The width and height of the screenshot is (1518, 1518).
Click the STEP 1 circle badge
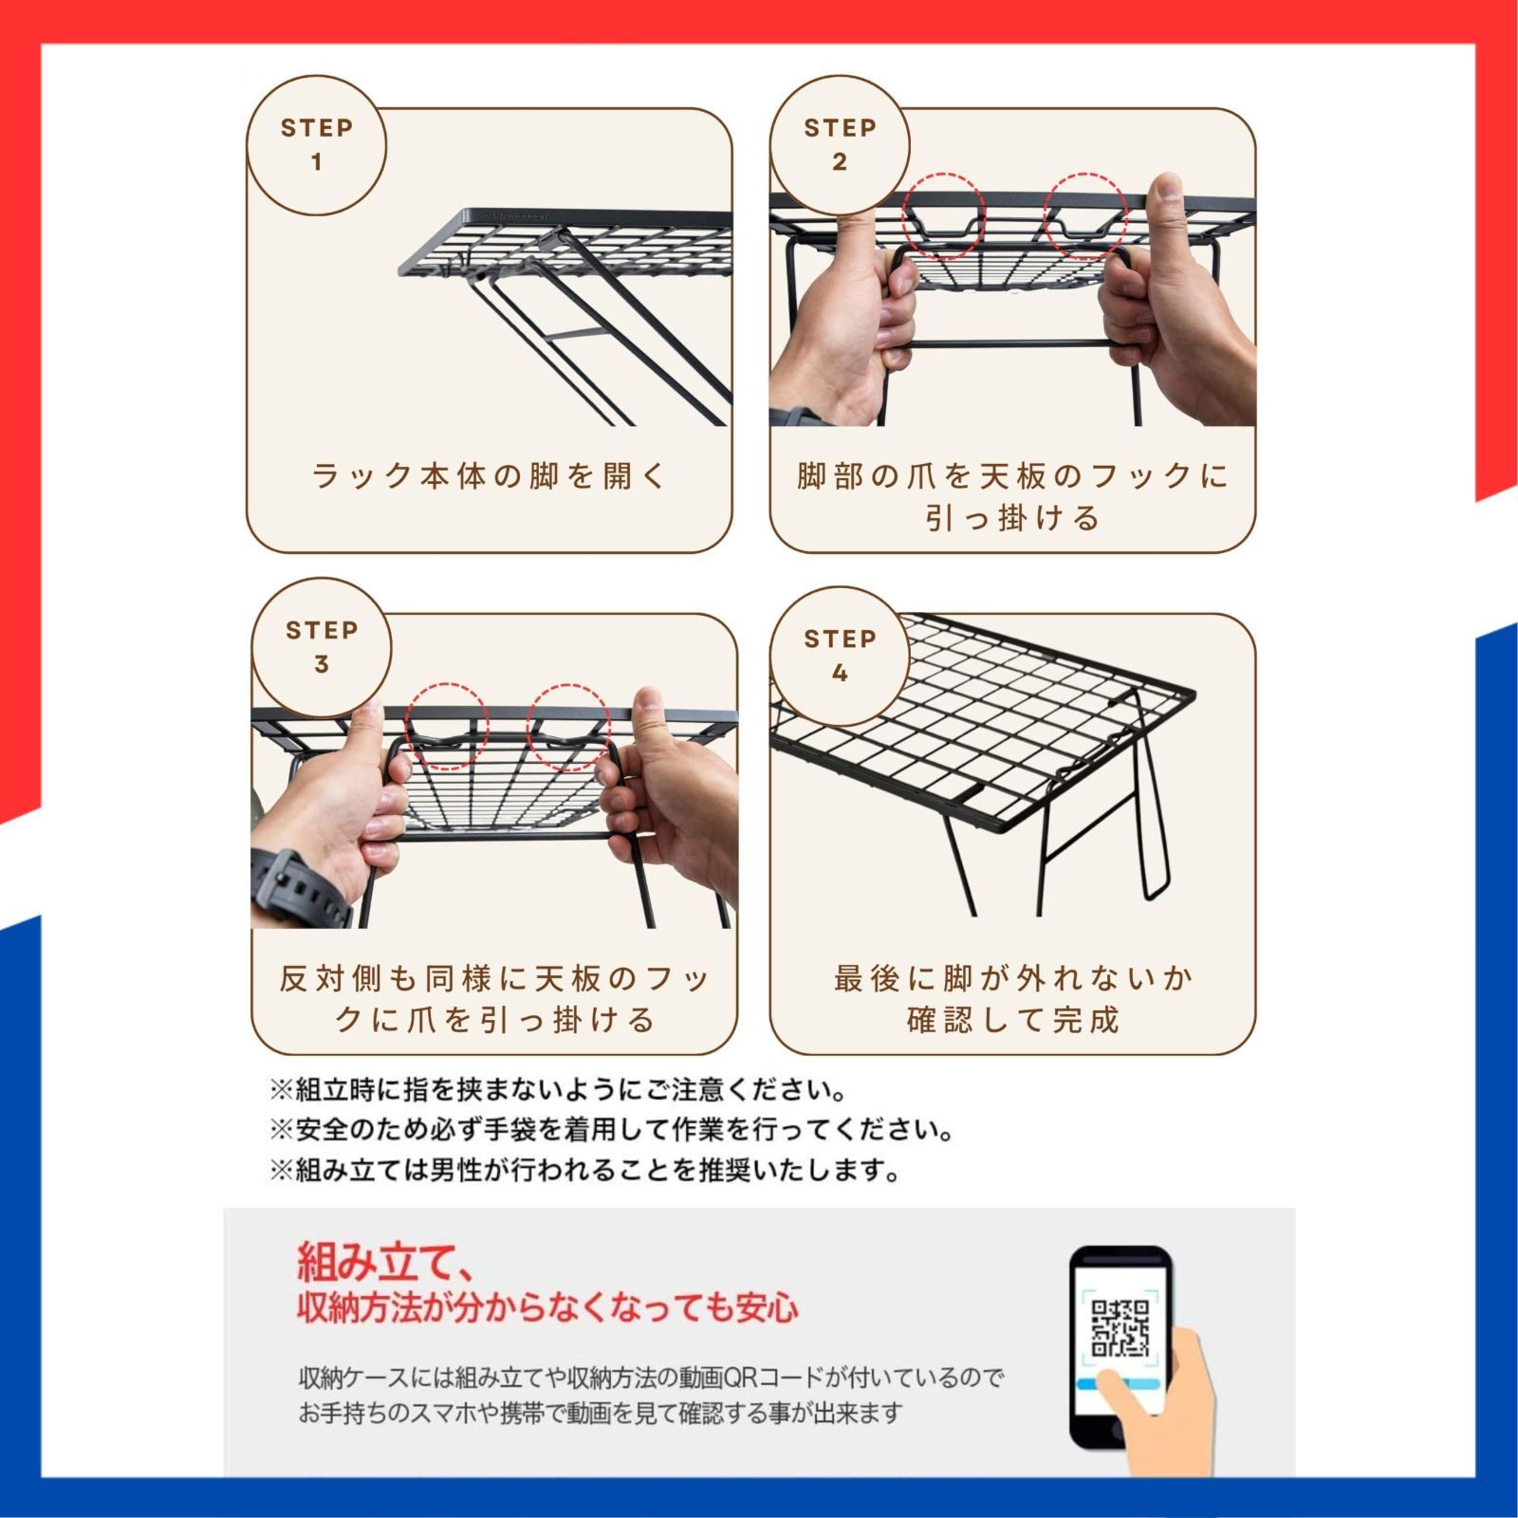click(316, 145)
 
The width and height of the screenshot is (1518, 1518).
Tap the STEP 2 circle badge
click(840, 145)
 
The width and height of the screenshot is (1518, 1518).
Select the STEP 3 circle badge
click(322, 648)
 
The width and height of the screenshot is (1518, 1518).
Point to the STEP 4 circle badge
click(840, 656)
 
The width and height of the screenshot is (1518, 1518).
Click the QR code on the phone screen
click(1120, 1327)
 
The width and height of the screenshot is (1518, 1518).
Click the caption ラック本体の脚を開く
click(490, 475)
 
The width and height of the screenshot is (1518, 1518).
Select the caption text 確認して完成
click(1013, 1020)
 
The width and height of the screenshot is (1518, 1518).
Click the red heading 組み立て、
click(385, 1262)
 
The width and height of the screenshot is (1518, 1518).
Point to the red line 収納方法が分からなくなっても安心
click(547, 1307)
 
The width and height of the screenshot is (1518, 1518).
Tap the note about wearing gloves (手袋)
click(612, 1130)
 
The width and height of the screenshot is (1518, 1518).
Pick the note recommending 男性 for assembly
click(584, 1171)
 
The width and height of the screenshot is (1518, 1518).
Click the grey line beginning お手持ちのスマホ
click(600, 1413)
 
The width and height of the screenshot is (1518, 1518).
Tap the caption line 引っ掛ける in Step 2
click(1013, 518)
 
